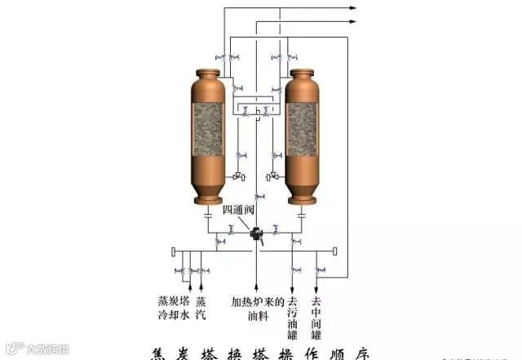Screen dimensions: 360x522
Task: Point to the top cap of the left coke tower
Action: [x=208, y=75]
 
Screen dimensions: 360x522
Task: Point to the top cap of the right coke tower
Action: [x=302, y=75]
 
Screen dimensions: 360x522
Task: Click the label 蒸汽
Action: [x=201, y=308]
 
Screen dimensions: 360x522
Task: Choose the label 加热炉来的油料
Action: [x=257, y=308]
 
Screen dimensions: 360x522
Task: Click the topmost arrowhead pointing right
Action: [x=352, y=7]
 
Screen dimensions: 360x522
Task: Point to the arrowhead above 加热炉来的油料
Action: [x=257, y=287]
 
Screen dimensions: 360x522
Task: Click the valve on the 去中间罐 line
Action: [x=316, y=269]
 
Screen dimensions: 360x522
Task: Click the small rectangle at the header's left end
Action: [x=174, y=251]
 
